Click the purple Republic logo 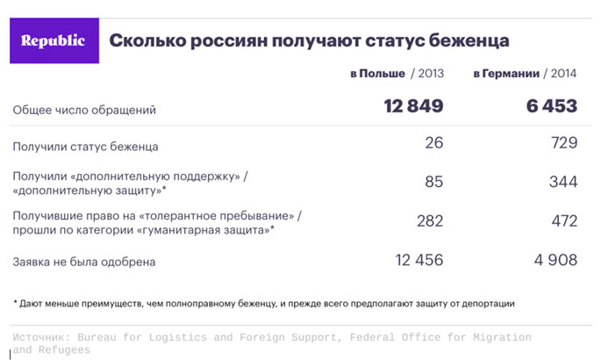coord(54,40)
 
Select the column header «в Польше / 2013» coord(397,75)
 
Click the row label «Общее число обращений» coord(84,110)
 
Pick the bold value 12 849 coord(413,107)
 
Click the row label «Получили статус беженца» coord(86,146)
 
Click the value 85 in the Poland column coord(433,182)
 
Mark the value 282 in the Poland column coord(429,221)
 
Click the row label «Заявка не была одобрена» coord(84,261)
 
